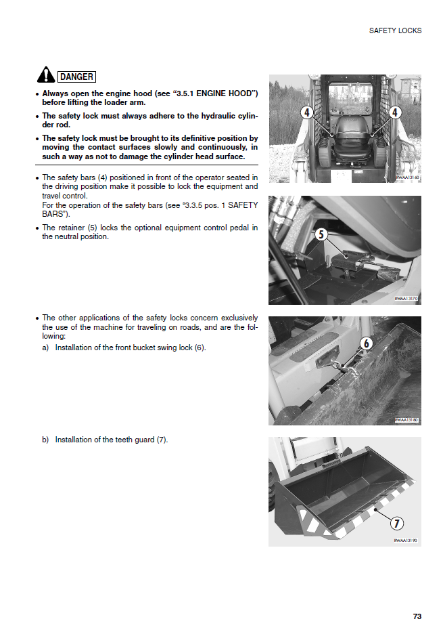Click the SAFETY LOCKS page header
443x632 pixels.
395,30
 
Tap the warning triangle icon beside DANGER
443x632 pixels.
45,75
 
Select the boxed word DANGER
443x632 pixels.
76,77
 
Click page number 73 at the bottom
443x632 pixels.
417,616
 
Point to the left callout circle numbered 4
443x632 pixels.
306,112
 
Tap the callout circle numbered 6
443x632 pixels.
366,343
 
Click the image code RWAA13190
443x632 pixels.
406,541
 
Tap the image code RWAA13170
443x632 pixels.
406,298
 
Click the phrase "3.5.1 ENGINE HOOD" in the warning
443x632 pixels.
214,93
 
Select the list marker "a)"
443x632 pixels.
45,347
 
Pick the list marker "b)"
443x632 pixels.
45,440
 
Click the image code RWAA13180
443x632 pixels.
406,420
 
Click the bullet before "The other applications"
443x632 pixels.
37,318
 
